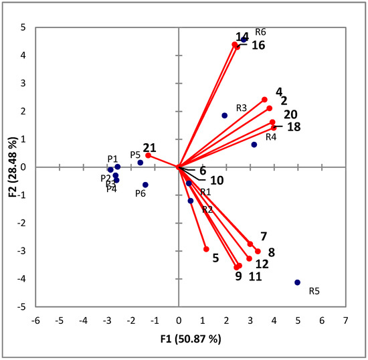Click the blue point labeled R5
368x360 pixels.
click(x=298, y=282)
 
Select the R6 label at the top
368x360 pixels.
click(x=260, y=31)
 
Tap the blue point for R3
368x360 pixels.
click(x=225, y=116)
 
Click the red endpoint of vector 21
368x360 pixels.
click(x=148, y=155)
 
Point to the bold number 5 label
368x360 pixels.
click(x=215, y=257)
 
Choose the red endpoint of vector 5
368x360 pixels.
click(x=206, y=249)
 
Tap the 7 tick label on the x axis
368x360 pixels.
click(x=345, y=321)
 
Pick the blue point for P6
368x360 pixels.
click(x=145, y=185)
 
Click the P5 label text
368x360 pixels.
click(x=135, y=155)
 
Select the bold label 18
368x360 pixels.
click(x=292, y=126)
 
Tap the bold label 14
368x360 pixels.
click(x=242, y=36)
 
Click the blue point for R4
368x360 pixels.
click(x=254, y=145)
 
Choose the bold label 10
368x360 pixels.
click(x=217, y=181)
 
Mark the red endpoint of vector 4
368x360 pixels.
click(x=264, y=100)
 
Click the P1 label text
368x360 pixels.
click(x=112, y=159)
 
